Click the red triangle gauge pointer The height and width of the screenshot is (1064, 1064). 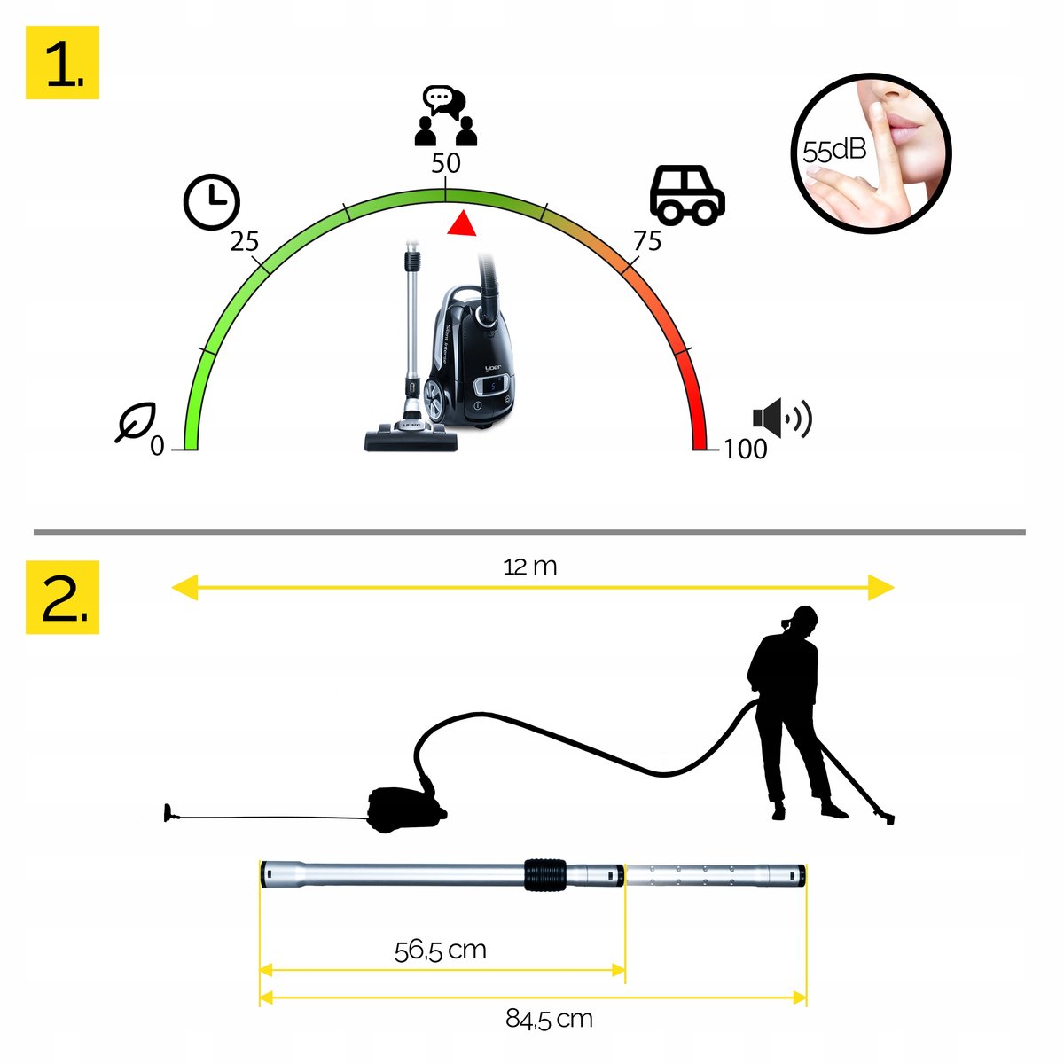click(461, 223)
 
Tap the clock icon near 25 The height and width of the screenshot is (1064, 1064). click(212, 202)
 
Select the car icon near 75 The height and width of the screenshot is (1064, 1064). click(687, 195)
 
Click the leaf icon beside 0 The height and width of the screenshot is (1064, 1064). click(136, 422)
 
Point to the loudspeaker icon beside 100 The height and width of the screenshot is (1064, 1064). click(782, 418)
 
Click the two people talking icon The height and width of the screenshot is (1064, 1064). click(446, 116)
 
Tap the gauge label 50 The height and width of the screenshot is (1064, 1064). click(446, 163)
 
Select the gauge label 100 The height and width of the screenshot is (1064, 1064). click(746, 449)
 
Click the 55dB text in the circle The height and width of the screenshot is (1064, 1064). click(834, 151)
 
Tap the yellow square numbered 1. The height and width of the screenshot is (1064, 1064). click(62, 62)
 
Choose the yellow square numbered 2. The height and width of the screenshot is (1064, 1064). click(62, 597)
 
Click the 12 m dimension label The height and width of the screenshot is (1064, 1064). click(530, 567)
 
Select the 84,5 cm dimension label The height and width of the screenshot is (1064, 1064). click(549, 1019)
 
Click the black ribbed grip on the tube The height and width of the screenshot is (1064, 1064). click(545, 875)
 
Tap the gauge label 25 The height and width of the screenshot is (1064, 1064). click(244, 242)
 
